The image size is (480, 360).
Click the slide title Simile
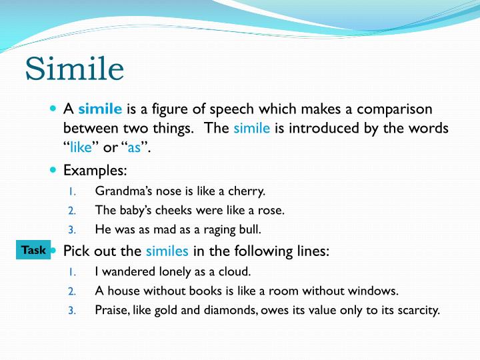tap(75, 69)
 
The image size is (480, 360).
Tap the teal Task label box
tap(33, 251)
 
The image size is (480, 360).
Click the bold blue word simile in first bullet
tap(100, 109)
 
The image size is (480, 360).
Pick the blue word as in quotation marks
tap(134, 147)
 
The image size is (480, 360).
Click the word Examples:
tap(95, 171)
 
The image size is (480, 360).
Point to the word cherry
tap(247, 191)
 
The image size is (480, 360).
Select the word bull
tap(251, 230)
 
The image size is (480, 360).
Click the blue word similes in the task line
tap(167, 251)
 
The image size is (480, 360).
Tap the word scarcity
tap(417, 311)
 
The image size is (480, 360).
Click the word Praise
tap(112, 311)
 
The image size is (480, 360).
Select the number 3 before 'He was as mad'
tap(73, 230)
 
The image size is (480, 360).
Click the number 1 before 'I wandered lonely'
tap(73, 272)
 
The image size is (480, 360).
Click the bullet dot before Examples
tap(54, 171)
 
